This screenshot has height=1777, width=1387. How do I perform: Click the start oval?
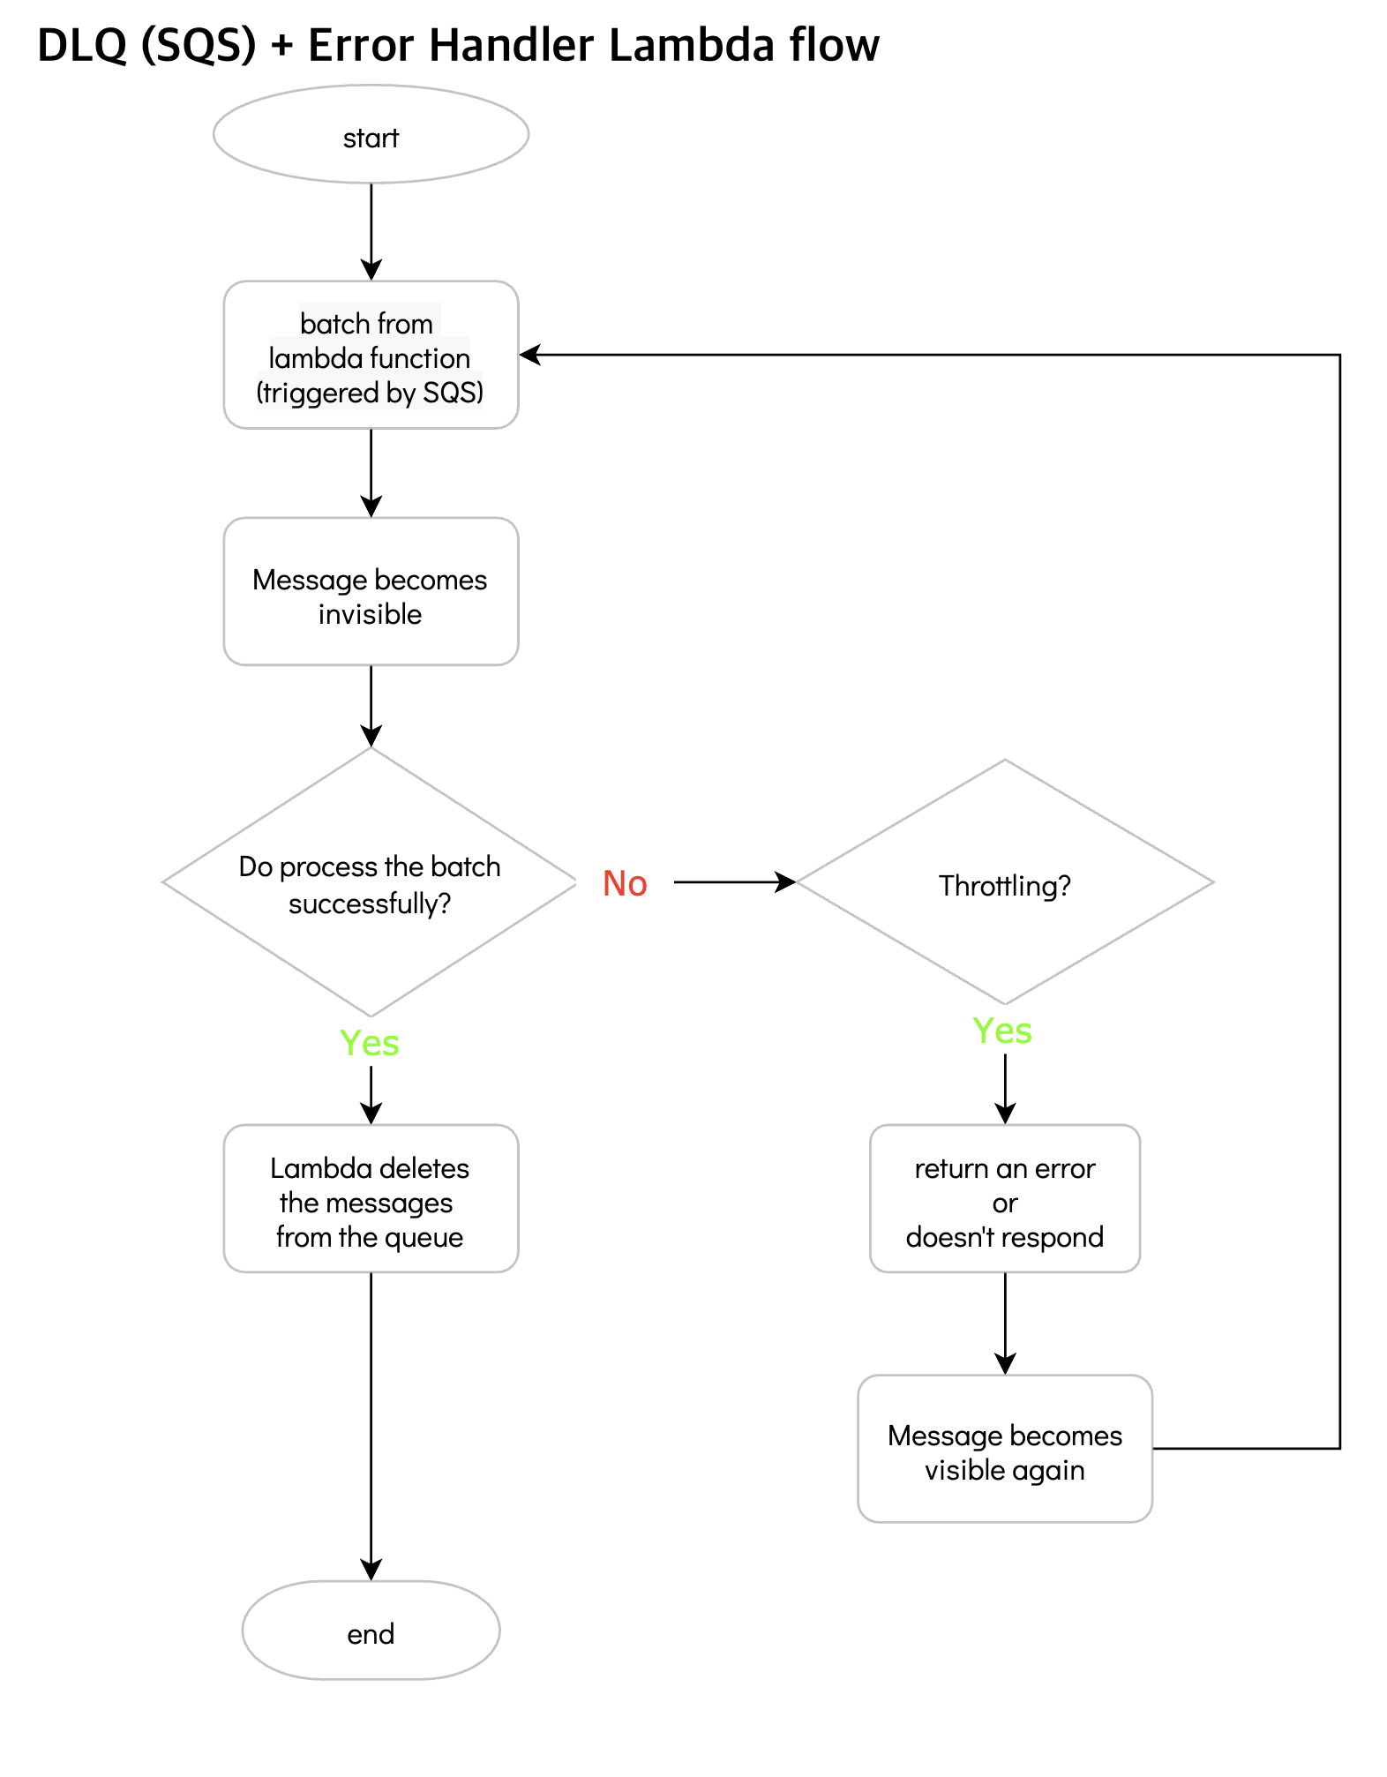point(371,134)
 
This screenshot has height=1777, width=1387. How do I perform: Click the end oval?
point(371,1630)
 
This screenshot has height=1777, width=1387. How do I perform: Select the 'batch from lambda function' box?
point(371,355)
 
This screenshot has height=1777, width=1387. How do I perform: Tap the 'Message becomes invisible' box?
point(371,591)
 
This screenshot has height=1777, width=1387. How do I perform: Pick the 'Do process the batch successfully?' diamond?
point(370,882)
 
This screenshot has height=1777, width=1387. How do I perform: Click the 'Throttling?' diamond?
point(1004,882)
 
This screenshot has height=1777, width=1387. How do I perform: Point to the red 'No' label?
point(625,883)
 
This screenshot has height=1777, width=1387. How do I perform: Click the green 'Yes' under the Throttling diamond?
point(1002,1031)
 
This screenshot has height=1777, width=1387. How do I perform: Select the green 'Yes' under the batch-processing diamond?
point(370,1043)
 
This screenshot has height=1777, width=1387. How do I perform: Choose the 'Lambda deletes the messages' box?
point(371,1198)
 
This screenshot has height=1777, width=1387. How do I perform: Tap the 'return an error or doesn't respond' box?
point(1004,1198)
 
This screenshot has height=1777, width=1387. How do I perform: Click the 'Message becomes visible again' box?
point(1004,1448)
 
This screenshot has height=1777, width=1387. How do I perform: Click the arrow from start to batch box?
point(371,231)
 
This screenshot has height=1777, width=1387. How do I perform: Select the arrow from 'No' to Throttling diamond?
point(732,881)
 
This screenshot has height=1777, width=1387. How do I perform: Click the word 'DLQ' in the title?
point(82,46)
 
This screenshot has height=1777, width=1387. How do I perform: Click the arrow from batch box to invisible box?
point(371,472)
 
